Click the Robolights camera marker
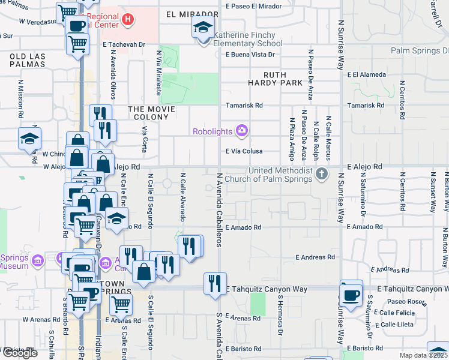pos(242,130)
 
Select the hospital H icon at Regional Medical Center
pos(127,20)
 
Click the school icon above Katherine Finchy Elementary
pos(203,28)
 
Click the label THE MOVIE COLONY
pos(152,113)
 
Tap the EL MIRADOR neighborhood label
pos(192,14)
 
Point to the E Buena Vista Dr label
pos(250,55)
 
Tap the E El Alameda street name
pos(366,75)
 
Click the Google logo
pos(20,353)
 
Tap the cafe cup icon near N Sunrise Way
pos(351,295)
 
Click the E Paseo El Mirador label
pos(253,6)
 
